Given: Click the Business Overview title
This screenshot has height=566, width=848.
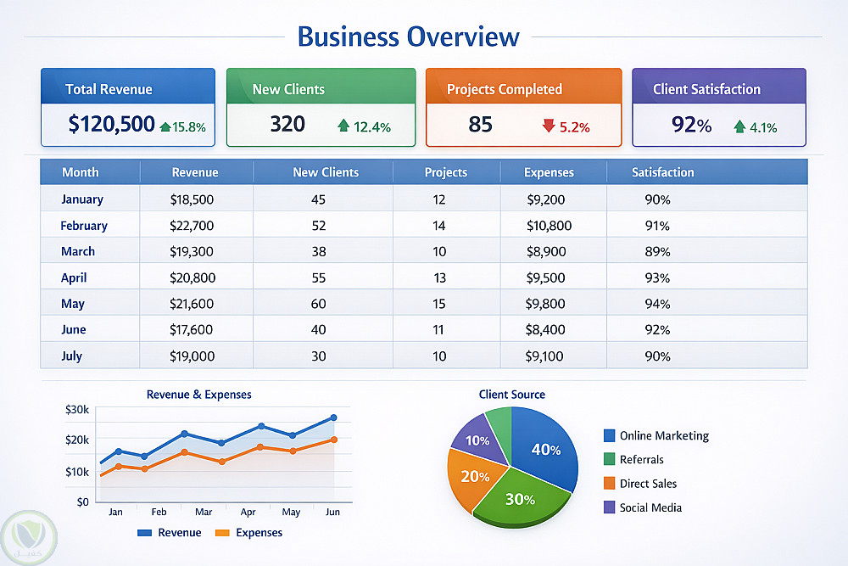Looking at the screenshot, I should tap(408, 37).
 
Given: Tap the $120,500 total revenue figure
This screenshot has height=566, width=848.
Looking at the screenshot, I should tap(111, 125).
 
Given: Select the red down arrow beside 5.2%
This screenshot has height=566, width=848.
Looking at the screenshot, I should tap(548, 126).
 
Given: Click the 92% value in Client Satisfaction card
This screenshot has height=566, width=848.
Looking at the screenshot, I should tap(691, 125).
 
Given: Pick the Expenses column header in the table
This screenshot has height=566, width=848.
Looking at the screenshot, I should tap(549, 172).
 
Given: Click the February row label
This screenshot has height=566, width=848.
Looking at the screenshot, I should tap(84, 226).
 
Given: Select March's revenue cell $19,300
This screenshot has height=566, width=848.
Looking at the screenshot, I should tap(192, 251).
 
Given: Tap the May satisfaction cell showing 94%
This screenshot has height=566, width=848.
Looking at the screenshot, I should tap(657, 304).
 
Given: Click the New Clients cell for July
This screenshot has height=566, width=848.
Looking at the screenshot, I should tap(318, 356).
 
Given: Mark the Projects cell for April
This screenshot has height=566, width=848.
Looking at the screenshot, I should tap(439, 277).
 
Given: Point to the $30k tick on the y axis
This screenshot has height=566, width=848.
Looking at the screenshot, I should tap(76, 409).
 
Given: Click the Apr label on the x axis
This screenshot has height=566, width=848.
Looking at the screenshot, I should tap(248, 513).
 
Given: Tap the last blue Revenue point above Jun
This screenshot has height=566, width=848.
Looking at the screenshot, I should tap(333, 417).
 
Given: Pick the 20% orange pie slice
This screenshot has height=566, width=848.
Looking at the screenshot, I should tap(474, 476).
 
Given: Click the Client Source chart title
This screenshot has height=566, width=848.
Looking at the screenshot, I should tap(511, 395).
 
